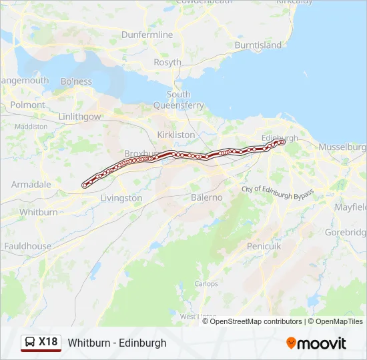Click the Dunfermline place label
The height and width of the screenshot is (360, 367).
[x=147, y=35]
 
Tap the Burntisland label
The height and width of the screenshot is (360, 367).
[x=258, y=45]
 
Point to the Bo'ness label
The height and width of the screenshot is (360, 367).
[x=76, y=81]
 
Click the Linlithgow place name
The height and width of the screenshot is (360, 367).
[x=79, y=117]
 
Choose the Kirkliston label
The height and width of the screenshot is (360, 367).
[x=176, y=135]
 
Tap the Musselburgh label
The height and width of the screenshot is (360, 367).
[x=342, y=147]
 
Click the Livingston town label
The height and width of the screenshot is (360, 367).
[x=121, y=198]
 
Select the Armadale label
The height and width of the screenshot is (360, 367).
[x=31, y=184]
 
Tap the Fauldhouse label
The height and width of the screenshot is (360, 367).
[x=27, y=246]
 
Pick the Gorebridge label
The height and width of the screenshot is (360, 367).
[x=346, y=233]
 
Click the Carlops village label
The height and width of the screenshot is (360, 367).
[x=206, y=284]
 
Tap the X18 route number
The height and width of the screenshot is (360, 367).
[x=48, y=342]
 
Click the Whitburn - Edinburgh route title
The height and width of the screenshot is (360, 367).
[x=117, y=343]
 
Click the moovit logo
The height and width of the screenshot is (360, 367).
[x=316, y=343]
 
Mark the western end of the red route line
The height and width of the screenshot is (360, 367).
[x=85, y=185]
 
